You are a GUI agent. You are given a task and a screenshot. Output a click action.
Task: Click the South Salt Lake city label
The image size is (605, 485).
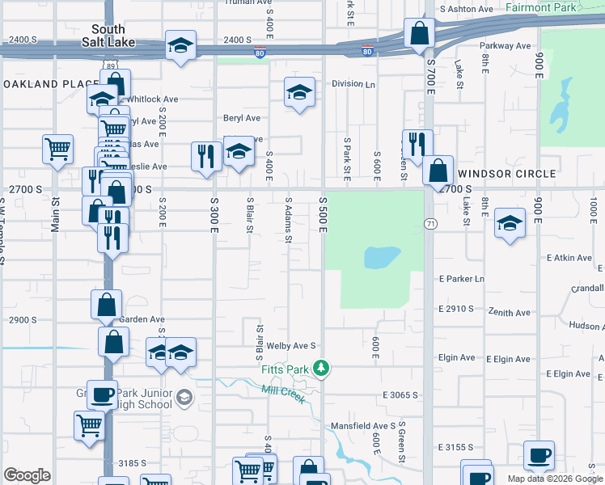click(112, 36)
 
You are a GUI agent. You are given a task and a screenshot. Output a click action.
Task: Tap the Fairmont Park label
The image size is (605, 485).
click(541, 7)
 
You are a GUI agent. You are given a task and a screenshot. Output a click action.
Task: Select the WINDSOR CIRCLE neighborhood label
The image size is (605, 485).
click(506, 174)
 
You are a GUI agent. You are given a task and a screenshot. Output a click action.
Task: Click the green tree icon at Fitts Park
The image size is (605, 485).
click(322, 369)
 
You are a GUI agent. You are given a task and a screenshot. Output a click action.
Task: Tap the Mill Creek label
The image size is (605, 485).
click(283, 394)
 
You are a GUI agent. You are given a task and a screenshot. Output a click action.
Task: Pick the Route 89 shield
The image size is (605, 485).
click(108, 63)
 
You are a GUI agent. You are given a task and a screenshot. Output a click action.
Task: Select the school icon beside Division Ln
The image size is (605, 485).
click(299, 93)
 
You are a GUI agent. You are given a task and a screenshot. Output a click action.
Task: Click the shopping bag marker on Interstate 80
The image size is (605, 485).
click(419, 35)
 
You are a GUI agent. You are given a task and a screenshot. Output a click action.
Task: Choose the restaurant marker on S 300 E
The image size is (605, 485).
click(206, 156)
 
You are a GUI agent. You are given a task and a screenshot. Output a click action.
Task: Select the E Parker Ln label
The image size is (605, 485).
click(461, 279)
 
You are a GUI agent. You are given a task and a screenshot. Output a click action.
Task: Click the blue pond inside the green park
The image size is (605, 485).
click(382, 257)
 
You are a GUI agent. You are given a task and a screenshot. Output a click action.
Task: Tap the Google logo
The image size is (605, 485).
click(27, 475)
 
